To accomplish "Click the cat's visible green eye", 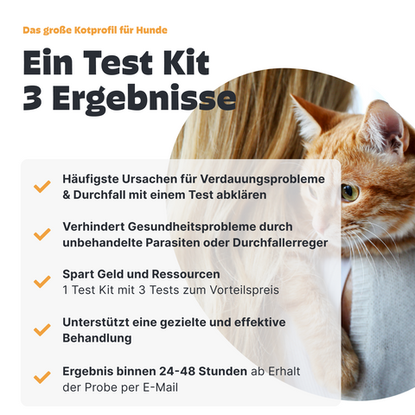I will (349, 191).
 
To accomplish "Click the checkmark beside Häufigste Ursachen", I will (41, 187).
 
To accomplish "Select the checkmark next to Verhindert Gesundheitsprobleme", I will (41, 234).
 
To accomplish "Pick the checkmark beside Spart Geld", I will (41, 283).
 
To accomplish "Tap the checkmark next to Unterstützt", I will (41, 329).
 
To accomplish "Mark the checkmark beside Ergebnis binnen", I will (41, 378).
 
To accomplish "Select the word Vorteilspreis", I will (250, 290).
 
